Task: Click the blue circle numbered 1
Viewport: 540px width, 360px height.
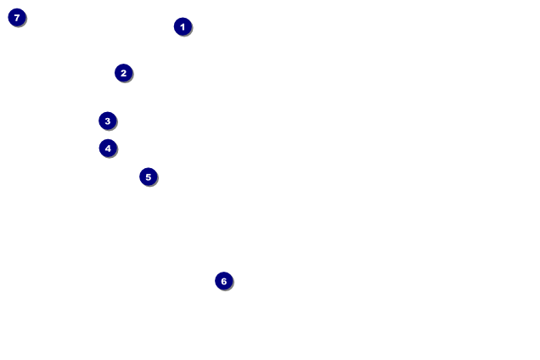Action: pyautogui.click(x=183, y=26)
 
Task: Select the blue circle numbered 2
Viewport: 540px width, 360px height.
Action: pyautogui.click(x=123, y=73)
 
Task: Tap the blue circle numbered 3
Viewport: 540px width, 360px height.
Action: pyautogui.click(x=107, y=121)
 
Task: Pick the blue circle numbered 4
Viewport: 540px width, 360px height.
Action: pyautogui.click(x=108, y=149)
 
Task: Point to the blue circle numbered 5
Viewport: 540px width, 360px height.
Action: pyautogui.click(x=148, y=177)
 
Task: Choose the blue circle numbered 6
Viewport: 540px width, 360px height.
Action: pyautogui.click(x=223, y=281)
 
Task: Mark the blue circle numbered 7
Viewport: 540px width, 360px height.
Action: pyautogui.click(x=17, y=17)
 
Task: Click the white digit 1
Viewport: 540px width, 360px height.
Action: pyautogui.click(x=183, y=26)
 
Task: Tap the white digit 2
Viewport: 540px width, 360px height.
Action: pyautogui.click(x=123, y=73)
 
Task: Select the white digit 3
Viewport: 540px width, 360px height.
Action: pyautogui.click(x=107, y=121)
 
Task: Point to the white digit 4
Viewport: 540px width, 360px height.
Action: pyautogui.click(x=108, y=149)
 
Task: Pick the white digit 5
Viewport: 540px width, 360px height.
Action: pyautogui.click(x=148, y=177)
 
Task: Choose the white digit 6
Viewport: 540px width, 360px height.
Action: pyautogui.click(x=223, y=281)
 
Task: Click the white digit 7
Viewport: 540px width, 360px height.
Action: pyautogui.click(x=17, y=17)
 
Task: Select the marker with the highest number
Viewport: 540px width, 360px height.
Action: pyautogui.click(x=17, y=17)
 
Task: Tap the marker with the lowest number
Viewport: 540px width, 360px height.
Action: pyautogui.click(x=183, y=26)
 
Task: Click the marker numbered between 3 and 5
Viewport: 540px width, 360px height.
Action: pyautogui.click(x=108, y=149)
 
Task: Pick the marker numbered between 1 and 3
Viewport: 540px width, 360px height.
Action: pyautogui.click(x=123, y=73)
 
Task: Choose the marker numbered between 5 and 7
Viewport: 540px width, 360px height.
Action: pyautogui.click(x=223, y=281)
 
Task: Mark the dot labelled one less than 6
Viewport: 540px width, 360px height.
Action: pyautogui.click(x=148, y=177)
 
